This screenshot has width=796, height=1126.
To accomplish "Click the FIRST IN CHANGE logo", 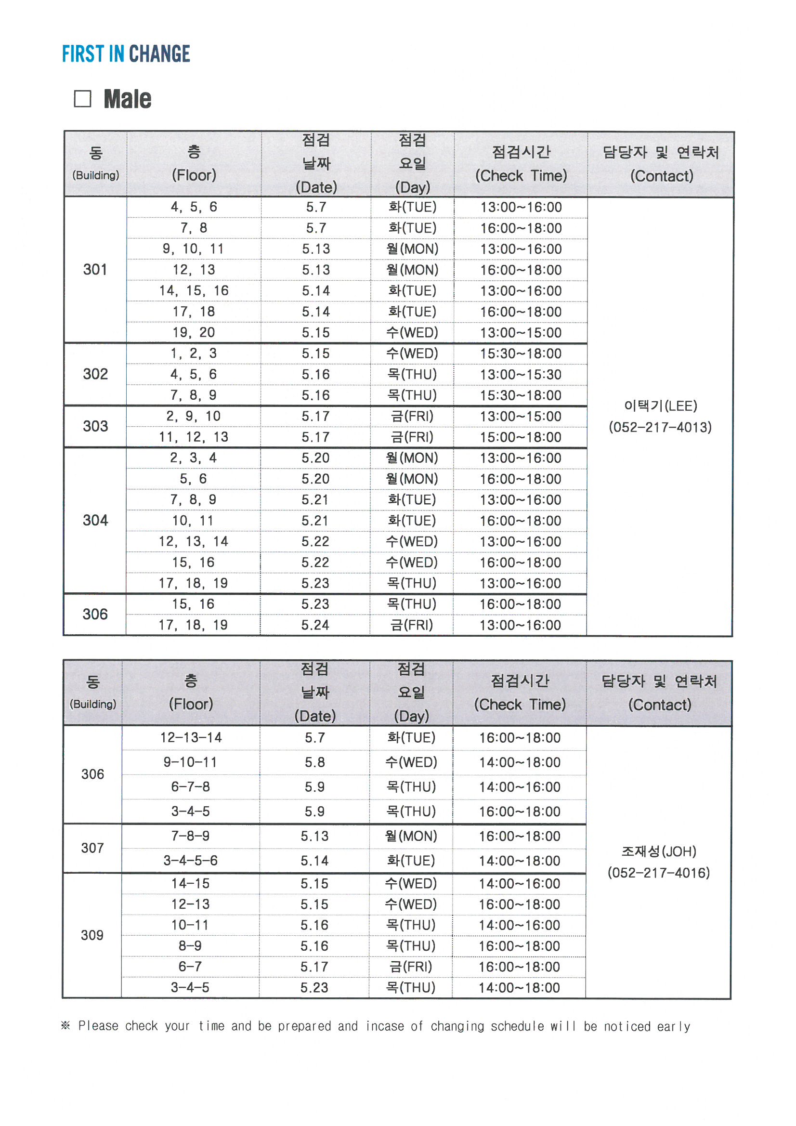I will [x=126, y=54].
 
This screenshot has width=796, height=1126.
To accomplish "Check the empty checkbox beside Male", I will [x=82, y=99].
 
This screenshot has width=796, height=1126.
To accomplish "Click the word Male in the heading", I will [x=128, y=99].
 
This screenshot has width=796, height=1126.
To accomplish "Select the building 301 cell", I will [x=95, y=269].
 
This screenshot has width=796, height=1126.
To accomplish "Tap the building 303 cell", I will [x=95, y=426].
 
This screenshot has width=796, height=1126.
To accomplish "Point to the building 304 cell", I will [x=95, y=520].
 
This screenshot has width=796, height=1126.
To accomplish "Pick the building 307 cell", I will [x=92, y=848].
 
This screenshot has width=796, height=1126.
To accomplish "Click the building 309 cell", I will [x=92, y=935].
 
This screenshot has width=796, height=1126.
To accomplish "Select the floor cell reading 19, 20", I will [x=194, y=332].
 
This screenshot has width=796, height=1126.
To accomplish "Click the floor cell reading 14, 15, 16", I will [x=194, y=291].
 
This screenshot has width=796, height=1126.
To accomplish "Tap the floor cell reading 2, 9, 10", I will [x=194, y=417].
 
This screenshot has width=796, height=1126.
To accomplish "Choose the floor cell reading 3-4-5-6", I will [x=190, y=860].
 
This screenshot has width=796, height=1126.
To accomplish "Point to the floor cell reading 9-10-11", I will [x=190, y=762].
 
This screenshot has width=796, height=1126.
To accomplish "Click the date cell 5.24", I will [x=315, y=625].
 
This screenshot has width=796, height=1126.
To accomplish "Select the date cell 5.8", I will [x=314, y=762].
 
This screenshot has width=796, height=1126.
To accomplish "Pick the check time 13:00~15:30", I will [x=521, y=375].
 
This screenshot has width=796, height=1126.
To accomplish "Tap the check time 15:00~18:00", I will [x=521, y=437].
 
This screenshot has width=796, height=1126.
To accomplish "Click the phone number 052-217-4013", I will [x=660, y=427].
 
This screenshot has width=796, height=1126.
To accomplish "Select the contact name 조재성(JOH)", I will [x=659, y=851].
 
